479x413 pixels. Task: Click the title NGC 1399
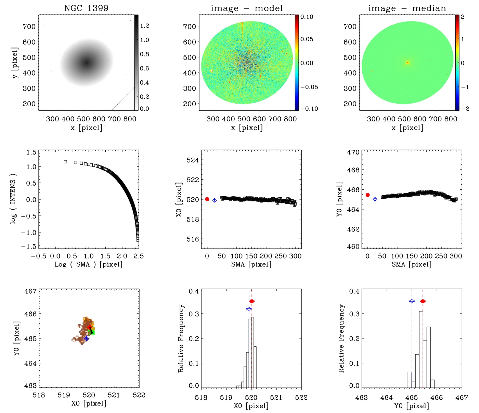[x=86, y=8]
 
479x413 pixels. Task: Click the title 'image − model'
[x=247, y=8]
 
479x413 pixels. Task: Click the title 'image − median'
[x=407, y=8]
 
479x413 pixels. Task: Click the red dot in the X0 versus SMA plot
[x=207, y=199]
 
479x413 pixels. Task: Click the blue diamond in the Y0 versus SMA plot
[x=375, y=199]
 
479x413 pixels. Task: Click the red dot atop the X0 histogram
[x=252, y=301]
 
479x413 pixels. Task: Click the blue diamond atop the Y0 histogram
[x=412, y=301]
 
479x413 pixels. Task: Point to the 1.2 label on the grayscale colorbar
[x=145, y=26]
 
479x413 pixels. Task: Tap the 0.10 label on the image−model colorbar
[x=307, y=17]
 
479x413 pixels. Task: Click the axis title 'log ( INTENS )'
[x=13, y=198]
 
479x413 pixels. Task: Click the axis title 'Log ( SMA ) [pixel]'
[x=89, y=264]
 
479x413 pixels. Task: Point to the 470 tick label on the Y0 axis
[x=353, y=152]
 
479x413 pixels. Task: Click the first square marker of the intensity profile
[x=65, y=162]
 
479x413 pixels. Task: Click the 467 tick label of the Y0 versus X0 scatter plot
[x=30, y=291]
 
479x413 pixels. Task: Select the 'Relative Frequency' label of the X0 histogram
[x=181, y=338]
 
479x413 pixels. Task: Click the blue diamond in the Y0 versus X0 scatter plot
[x=87, y=338]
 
